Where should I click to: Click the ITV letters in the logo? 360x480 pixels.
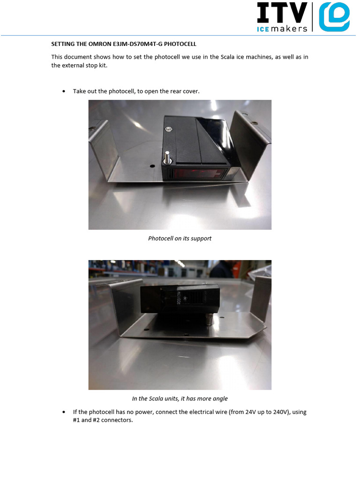click(282, 13)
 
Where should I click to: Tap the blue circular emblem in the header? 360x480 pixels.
click(334, 16)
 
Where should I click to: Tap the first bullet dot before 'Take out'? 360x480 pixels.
click(64, 91)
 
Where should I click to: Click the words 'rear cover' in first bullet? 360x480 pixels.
click(185, 91)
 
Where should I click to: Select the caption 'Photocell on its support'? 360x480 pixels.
click(180, 239)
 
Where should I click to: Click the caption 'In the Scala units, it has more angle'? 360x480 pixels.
click(180, 399)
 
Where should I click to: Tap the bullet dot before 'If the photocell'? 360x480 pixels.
click(64, 412)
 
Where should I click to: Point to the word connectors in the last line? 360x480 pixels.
click(118, 420)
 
